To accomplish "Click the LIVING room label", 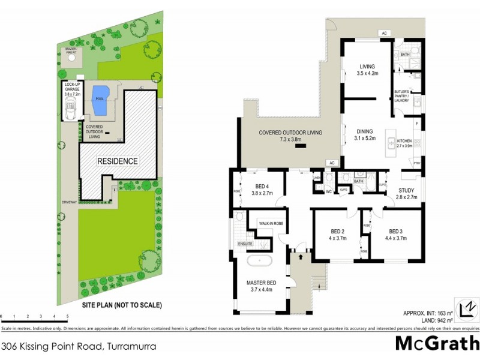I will (367, 67).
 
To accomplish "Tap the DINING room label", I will (364, 131).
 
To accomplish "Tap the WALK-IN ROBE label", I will (271, 223).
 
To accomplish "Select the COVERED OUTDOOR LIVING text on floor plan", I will (290, 133).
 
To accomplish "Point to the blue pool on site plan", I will (99, 100).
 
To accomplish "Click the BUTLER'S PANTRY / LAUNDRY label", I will (401, 96).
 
